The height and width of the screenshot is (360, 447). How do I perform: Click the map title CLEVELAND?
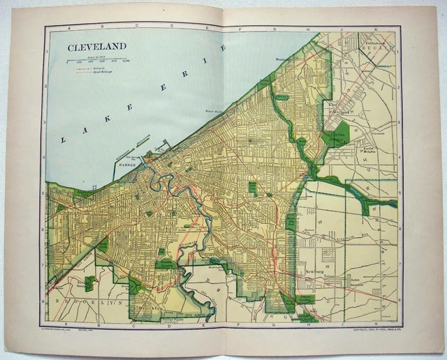tap(96, 47)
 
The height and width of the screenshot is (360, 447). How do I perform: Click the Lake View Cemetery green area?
tap(335, 134)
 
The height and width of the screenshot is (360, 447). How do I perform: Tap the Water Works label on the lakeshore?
tap(213, 110)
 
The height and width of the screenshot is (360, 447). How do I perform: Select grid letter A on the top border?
tap(68, 29)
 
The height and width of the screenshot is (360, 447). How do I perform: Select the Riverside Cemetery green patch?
tap(166, 264)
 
